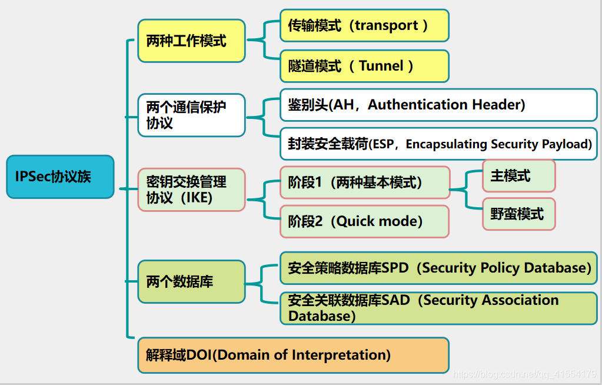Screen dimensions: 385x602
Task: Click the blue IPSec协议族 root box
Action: coord(60,177)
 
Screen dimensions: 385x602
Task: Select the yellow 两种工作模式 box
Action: coord(191,41)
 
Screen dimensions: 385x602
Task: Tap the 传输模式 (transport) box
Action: coord(364,25)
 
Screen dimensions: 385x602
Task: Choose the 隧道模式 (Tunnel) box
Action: coord(364,66)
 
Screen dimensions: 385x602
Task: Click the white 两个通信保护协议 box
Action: coord(191,115)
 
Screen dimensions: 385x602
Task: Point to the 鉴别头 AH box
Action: coord(438,105)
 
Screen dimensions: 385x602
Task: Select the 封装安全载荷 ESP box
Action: coord(438,144)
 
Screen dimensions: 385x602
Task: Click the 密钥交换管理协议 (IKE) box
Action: coord(191,190)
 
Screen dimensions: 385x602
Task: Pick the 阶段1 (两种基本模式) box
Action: coord(364,182)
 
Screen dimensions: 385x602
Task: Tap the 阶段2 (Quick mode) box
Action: coord(364,221)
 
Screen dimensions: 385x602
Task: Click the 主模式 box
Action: coord(518,175)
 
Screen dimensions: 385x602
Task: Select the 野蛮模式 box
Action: coord(518,214)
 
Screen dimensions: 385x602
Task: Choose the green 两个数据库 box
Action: coord(191,281)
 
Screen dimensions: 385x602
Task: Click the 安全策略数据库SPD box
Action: coord(438,268)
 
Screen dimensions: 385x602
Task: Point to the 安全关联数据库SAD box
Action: coord(438,308)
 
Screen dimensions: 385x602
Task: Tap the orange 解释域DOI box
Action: coord(293,355)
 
